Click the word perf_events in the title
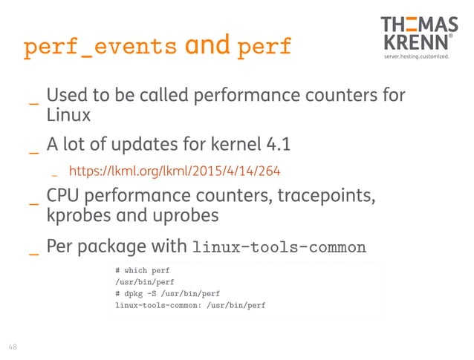pyautogui.click(x=100, y=47)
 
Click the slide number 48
pyautogui.click(x=13, y=346)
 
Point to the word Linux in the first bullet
pyautogui.click(x=68, y=116)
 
